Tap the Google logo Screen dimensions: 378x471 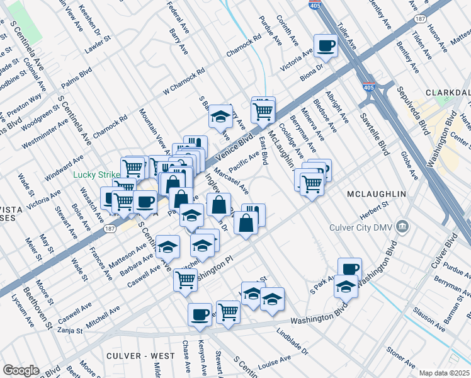tap(21, 370)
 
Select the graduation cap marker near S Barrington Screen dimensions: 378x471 tap(221, 116)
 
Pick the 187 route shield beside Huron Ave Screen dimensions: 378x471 tap(402, 20)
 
